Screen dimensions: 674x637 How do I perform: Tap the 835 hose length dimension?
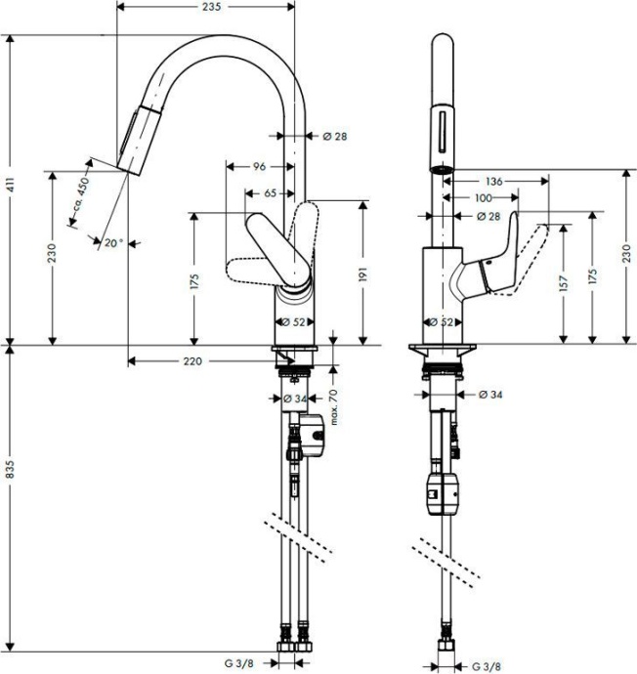pyautogui.click(x=10, y=472)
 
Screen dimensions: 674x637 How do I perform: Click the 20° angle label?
pyautogui.click(x=113, y=243)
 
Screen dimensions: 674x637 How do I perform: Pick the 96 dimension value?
pyautogui.click(x=259, y=167)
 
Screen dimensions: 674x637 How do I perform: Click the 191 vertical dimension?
pyautogui.click(x=363, y=276)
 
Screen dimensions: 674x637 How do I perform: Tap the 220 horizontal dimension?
pyautogui.click(x=191, y=361)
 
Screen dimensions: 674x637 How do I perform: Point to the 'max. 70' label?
pyautogui.click(x=332, y=405)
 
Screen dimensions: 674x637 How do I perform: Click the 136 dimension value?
pyautogui.click(x=494, y=181)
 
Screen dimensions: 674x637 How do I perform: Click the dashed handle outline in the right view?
pyautogui.click(x=532, y=253)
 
